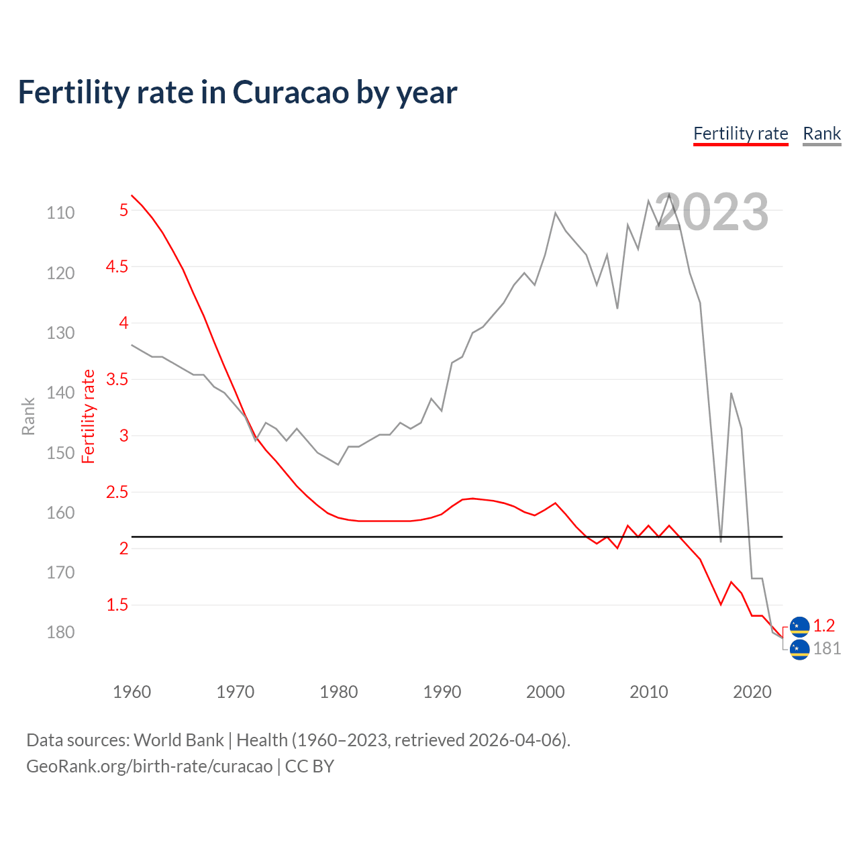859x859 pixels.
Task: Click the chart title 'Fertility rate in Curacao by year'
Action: pyautogui.click(x=238, y=93)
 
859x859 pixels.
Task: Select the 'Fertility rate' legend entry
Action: pyautogui.click(x=740, y=134)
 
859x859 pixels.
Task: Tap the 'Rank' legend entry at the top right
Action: pyautogui.click(x=821, y=134)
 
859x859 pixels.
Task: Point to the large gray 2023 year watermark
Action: pyautogui.click(x=711, y=212)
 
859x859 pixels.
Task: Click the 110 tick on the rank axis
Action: pyautogui.click(x=60, y=213)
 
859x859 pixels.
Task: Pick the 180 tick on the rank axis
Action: pyautogui.click(x=60, y=632)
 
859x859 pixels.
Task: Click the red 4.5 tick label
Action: pyautogui.click(x=117, y=266)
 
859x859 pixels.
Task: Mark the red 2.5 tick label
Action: pyautogui.click(x=117, y=492)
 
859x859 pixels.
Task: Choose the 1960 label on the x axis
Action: pyautogui.click(x=132, y=692)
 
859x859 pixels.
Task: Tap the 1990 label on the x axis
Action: pyautogui.click(x=442, y=692)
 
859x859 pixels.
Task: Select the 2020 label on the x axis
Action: pyautogui.click(x=752, y=692)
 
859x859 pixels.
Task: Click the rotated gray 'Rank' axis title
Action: pyautogui.click(x=28, y=416)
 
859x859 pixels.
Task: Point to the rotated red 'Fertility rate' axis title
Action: pyautogui.click(x=88, y=416)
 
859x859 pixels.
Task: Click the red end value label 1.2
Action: pyautogui.click(x=823, y=625)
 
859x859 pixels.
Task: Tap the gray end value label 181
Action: pyautogui.click(x=826, y=648)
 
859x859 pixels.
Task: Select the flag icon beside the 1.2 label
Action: pyautogui.click(x=799, y=626)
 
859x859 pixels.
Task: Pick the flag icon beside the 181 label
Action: pyautogui.click(x=799, y=649)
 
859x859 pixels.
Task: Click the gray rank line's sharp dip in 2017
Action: pyautogui.click(x=721, y=541)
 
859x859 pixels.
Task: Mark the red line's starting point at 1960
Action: pyautogui.click(x=132, y=196)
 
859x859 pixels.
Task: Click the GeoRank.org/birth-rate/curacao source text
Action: pyautogui.click(x=149, y=766)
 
